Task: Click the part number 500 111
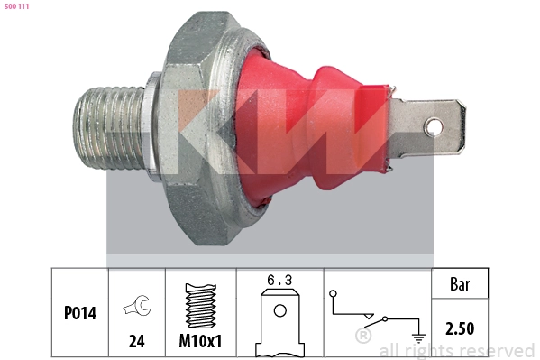point(18,7)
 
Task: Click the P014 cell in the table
point(79,313)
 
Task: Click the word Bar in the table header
point(461,283)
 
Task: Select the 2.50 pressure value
point(461,329)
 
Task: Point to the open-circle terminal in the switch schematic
point(334,293)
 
